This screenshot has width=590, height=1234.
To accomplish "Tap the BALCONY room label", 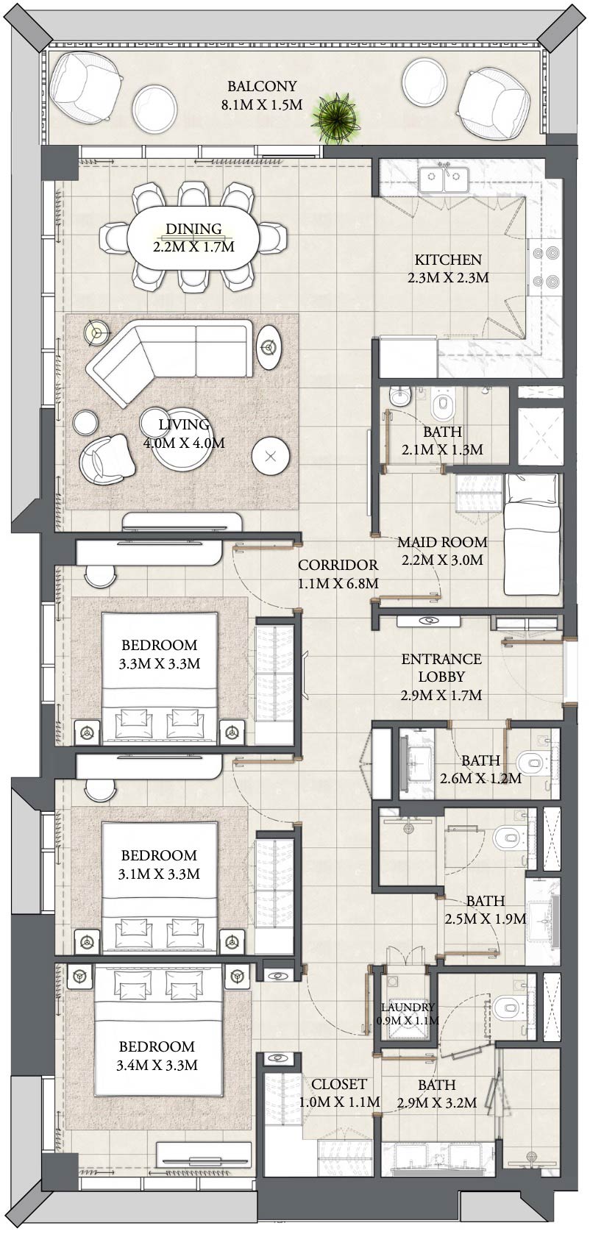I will click(x=261, y=86).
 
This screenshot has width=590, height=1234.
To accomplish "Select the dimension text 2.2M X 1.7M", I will click(x=193, y=247).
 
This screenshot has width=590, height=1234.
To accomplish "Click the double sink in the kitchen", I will click(x=444, y=179).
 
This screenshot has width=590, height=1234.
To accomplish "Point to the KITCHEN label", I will click(x=448, y=260).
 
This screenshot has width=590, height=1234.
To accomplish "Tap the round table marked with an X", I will click(x=271, y=457).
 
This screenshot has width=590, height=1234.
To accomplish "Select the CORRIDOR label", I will click(x=338, y=565).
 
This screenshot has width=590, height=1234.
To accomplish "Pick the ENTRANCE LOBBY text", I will click(x=441, y=668).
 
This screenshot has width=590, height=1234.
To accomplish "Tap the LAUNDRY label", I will click(x=408, y=1007).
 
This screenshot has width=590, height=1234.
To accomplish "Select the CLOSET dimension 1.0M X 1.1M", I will click(x=339, y=1102).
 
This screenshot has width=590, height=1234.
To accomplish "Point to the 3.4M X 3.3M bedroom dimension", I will click(x=157, y=1064).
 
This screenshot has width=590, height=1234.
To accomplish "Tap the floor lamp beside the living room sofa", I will click(x=94, y=332).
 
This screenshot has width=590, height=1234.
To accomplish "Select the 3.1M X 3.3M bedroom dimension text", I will click(x=159, y=874).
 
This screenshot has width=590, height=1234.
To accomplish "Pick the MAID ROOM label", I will click(x=442, y=542).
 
